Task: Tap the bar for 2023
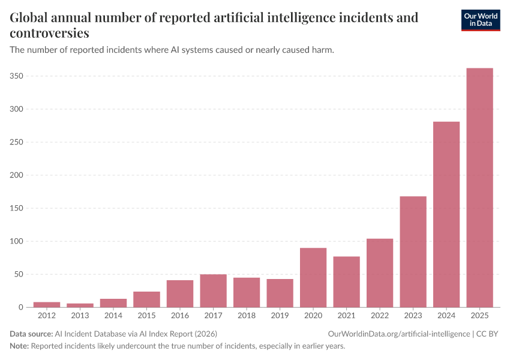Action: [x=413, y=252]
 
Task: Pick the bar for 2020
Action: [x=313, y=278]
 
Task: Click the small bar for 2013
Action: [x=80, y=305]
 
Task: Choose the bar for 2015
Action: [x=146, y=299]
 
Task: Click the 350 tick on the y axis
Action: [x=16, y=76]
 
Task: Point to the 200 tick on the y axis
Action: [x=16, y=175]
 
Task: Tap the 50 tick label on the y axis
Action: [x=19, y=274]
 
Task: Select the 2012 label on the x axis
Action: [x=47, y=316]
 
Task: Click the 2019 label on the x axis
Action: [x=280, y=316]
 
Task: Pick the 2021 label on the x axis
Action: [x=346, y=316]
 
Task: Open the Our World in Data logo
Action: [x=481, y=20]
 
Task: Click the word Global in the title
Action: [x=29, y=17]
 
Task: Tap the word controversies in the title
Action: [x=50, y=33]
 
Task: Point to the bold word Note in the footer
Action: [x=19, y=346]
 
